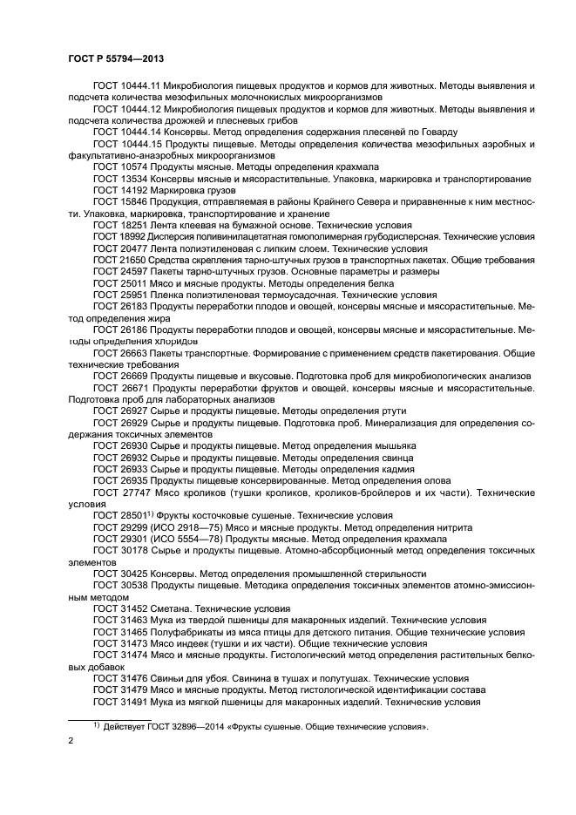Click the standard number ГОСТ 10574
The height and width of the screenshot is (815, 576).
pos(119,166)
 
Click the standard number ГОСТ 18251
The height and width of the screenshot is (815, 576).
pos(119,224)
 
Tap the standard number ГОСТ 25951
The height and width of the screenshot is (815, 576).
pos(119,295)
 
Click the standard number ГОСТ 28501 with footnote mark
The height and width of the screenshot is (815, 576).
pos(123,515)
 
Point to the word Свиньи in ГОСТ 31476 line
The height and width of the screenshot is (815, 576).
pos(167,677)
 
